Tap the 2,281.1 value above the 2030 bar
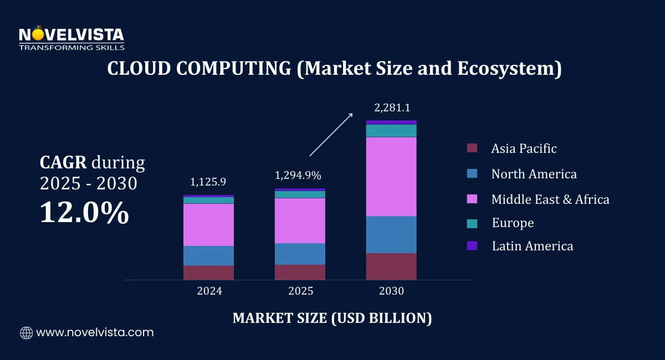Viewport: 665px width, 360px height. tap(392, 107)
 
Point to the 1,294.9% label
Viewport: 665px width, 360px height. tap(298, 176)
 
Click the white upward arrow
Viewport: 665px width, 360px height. tap(331, 134)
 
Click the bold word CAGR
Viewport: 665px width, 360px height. tap(63, 163)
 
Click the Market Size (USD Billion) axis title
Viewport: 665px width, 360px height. tap(332, 318)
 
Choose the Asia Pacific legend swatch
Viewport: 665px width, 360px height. tap(472, 148)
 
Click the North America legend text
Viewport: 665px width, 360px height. tap(534, 174)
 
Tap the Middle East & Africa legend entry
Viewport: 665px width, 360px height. tap(550, 199)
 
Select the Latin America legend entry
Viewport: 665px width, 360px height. tap(532, 246)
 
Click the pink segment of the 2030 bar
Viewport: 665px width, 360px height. tap(391, 176)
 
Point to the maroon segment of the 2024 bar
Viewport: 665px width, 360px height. tap(209, 272)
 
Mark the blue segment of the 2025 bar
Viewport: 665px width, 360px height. tap(300, 254)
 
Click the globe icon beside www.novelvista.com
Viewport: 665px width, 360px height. tap(26, 333)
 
